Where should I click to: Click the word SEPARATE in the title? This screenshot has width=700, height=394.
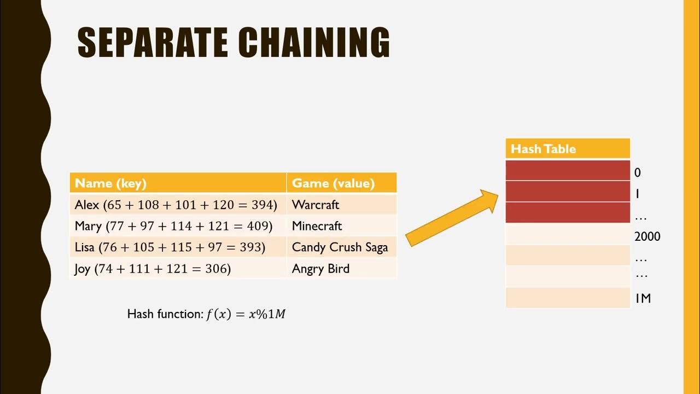tap(153, 43)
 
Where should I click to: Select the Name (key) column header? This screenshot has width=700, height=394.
tap(178, 183)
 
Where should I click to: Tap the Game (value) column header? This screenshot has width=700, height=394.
tap(341, 183)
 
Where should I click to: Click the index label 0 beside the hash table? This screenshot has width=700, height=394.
tap(638, 173)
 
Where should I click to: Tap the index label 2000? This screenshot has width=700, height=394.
tap(647, 236)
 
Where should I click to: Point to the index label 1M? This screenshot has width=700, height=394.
tap(643, 298)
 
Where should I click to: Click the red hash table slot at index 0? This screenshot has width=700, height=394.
tap(568, 170)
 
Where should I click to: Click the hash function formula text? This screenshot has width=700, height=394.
tap(207, 314)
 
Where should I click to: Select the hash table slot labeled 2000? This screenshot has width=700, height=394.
tap(568, 234)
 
